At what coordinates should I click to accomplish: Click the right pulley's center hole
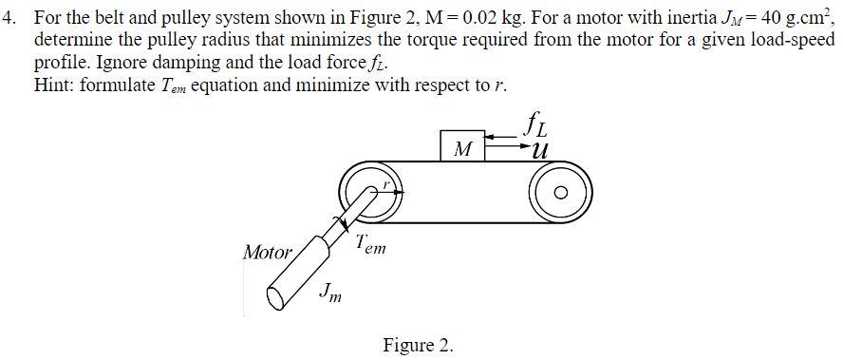[560, 193]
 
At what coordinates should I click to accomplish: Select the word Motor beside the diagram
[268, 253]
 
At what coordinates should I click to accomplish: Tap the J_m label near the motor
[331, 292]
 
